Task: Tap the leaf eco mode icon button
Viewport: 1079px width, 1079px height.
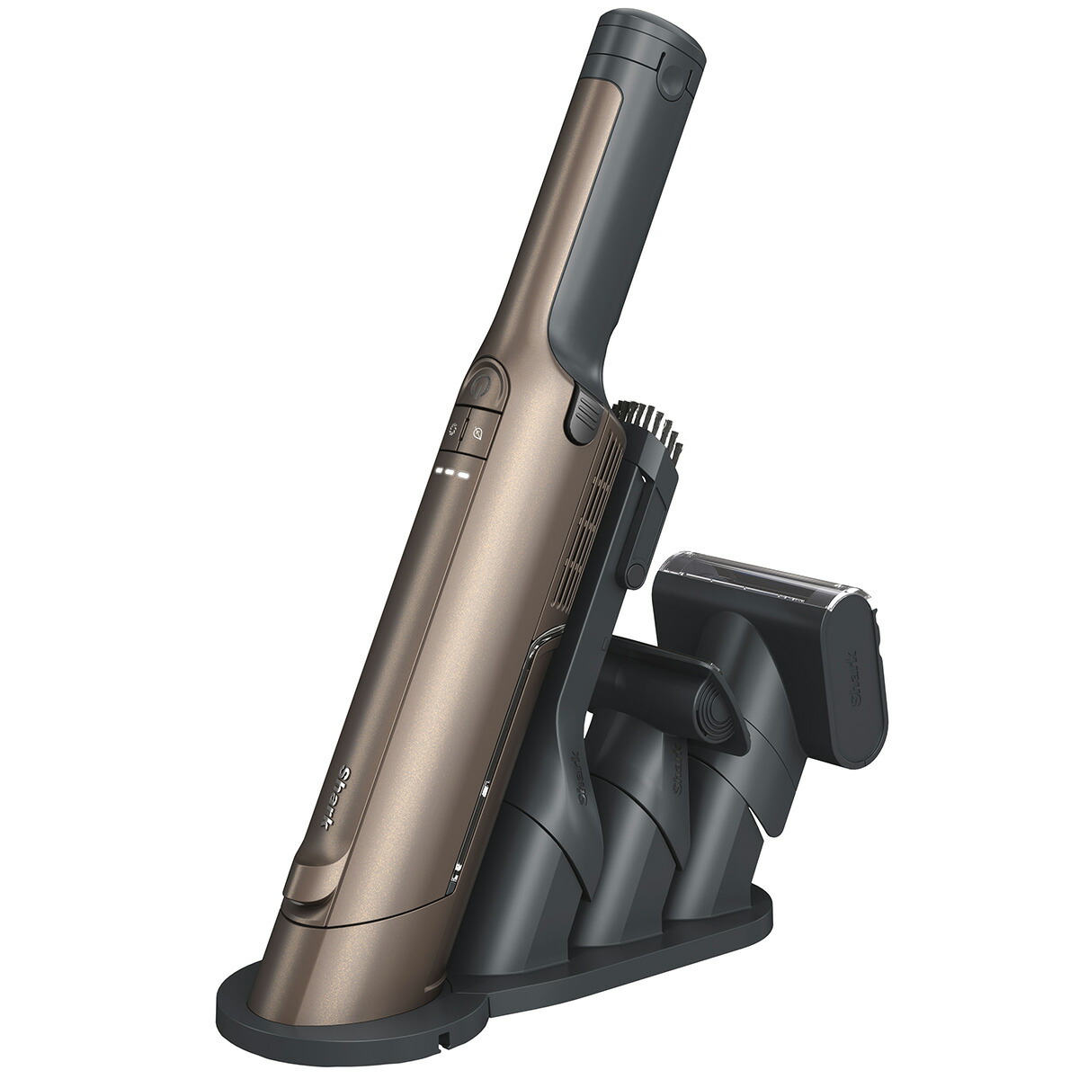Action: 478,432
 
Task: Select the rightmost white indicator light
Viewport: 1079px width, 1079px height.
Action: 466,475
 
